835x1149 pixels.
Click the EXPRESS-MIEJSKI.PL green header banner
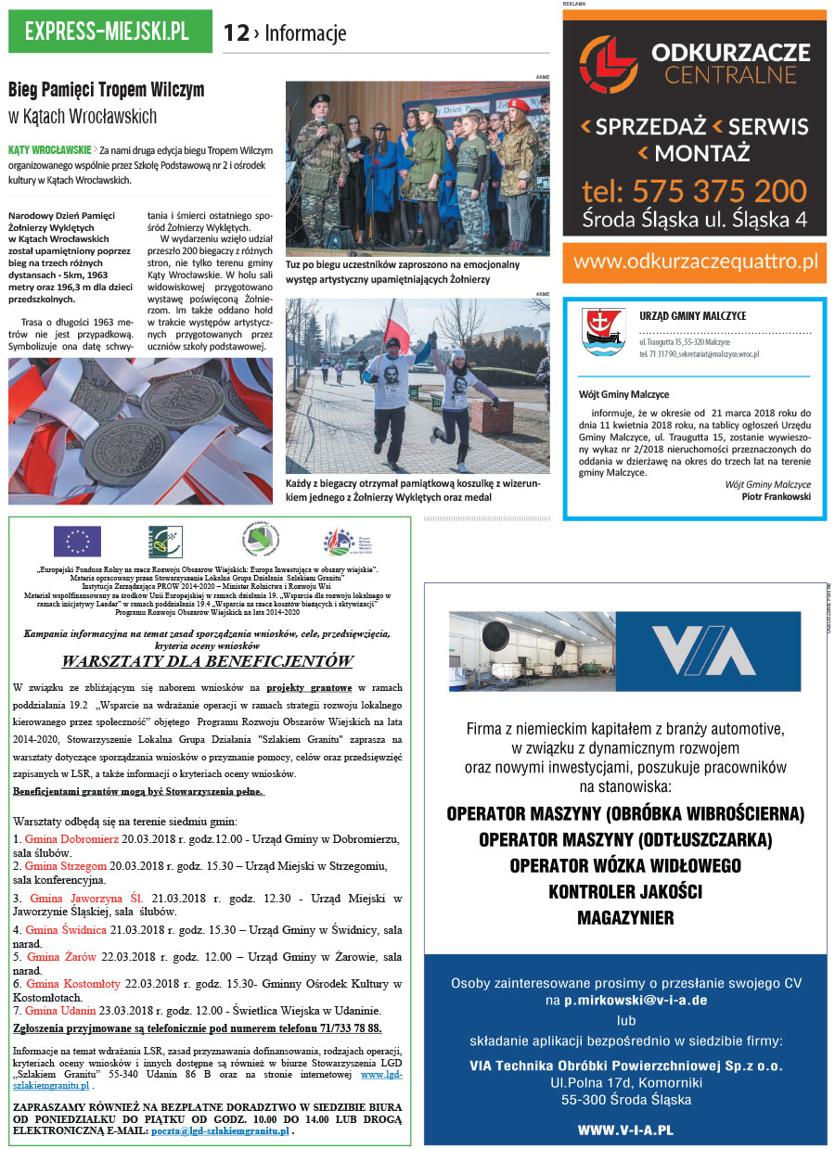pyautogui.click(x=109, y=32)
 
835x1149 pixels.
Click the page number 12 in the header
pyautogui.click(x=236, y=33)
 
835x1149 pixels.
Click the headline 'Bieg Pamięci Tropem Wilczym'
pyautogui.click(x=106, y=91)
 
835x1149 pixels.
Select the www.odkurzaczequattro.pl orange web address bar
pyautogui.click(x=694, y=262)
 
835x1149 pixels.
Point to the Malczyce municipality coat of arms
pyautogui.click(x=597, y=331)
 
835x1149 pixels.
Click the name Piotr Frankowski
pyautogui.click(x=776, y=496)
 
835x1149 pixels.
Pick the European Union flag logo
pyautogui.click(x=77, y=541)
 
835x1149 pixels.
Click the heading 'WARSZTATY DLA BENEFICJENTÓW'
pyautogui.click(x=207, y=661)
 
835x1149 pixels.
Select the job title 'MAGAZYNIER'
pyautogui.click(x=624, y=918)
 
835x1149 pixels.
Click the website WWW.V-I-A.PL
pyautogui.click(x=624, y=1130)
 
